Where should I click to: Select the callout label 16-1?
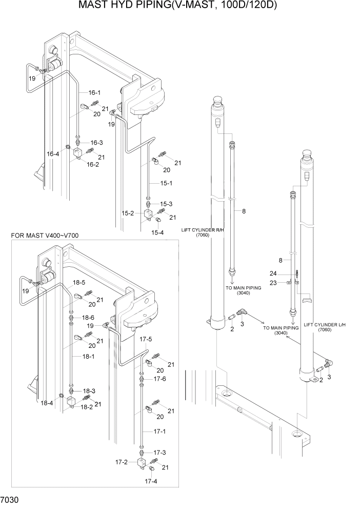click(x=94, y=93)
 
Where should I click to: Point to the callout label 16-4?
click(x=53, y=153)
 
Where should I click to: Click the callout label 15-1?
click(x=166, y=183)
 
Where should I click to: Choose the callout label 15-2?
click(x=128, y=213)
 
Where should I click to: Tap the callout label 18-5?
click(x=78, y=283)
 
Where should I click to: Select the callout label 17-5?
click(x=146, y=339)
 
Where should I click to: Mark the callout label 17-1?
click(x=160, y=432)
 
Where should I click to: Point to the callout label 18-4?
click(x=47, y=403)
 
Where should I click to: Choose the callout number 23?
click(x=275, y=282)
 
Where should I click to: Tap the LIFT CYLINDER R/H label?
click(x=201, y=232)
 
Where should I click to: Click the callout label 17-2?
click(x=121, y=462)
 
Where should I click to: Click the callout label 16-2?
click(x=92, y=164)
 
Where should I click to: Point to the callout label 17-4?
click(x=151, y=481)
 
